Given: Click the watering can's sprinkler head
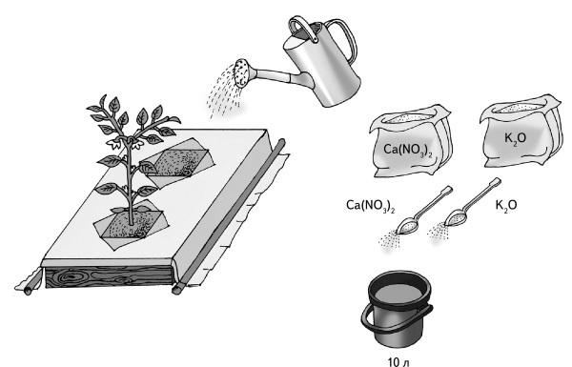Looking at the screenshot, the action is [242, 73].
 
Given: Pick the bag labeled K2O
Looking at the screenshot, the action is [521, 132].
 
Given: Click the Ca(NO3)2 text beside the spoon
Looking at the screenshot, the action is [370, 205].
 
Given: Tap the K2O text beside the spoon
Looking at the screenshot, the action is [506, 205].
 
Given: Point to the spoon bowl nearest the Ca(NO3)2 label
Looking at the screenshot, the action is [407, 227].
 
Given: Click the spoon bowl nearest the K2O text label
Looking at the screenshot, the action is [456, 218].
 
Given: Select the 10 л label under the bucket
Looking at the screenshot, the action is [398, 362].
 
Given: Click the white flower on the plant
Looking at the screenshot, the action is [115, 143].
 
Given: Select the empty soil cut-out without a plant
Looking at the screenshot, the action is [178, 159].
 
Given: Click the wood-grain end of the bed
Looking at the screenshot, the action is [109, 276].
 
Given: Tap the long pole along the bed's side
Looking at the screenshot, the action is [229, 216].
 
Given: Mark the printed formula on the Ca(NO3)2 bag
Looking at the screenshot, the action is [407, 150].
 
